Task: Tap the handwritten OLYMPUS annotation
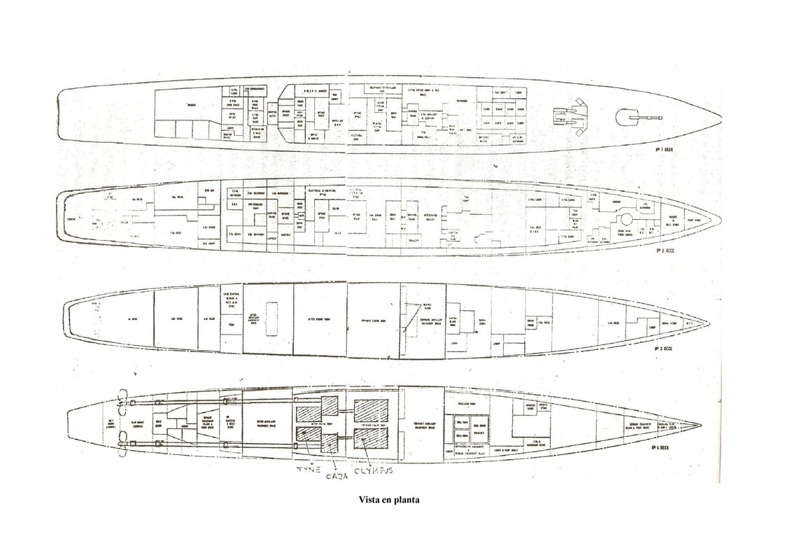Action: [x=374, y=470]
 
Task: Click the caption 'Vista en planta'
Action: [x=389, y=500]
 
